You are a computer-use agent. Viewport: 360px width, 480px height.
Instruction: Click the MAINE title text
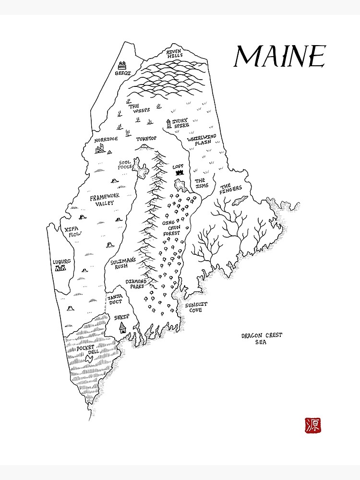pyautogui.click(x=279, y=57)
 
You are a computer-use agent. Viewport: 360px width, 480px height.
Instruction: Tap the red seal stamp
pyautogui.click(x=313, y=424)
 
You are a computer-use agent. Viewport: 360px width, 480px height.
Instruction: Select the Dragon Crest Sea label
pyautogui.click(x=262, y=339)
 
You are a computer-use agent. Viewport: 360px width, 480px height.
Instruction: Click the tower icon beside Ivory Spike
pyautogui.click(x=168, y=123)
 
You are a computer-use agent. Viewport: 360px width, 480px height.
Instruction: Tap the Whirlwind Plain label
pyautogui.click(x=202, y=139)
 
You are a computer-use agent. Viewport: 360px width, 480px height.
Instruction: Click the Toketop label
pyautogui.click(x=146, y=139)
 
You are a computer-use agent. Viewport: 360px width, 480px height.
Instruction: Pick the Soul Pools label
pyautogui.click(x=125, y=164)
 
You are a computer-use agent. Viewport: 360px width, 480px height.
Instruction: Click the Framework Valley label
pyautogui.click(x=105, y=200)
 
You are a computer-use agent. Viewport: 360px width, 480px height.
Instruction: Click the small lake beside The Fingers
pyautogui.click(x=240, y=200)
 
